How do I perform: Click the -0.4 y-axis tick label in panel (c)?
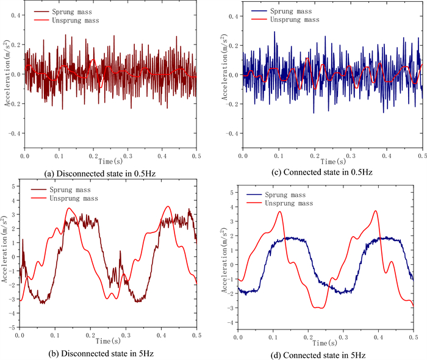[x=232, y=133]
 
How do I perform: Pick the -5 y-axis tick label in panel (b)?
[x=13, y=326]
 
